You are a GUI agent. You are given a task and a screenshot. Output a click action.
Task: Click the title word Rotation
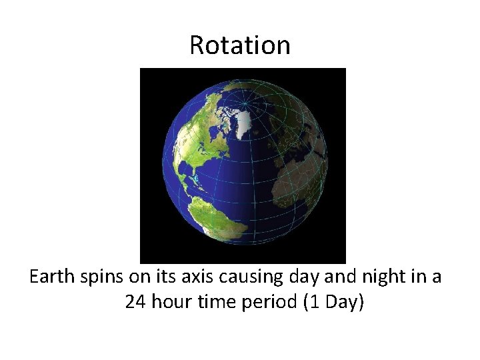(240, 45)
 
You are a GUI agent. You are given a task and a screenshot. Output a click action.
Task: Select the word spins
(101, 277)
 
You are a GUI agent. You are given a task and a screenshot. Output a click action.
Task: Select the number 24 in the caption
(136, 302)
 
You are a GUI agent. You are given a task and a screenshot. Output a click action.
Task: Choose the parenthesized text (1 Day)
(334, 302)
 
